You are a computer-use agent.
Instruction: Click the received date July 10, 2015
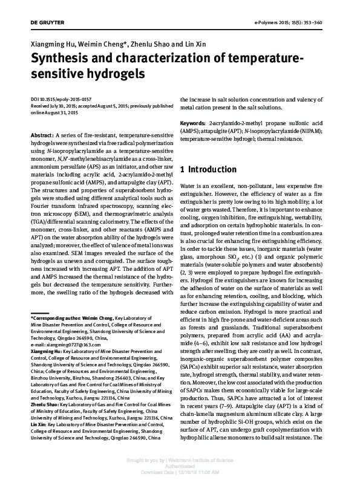tap(65, 105)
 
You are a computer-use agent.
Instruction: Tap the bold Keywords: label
tap(194, 123)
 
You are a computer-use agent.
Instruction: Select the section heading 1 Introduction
tap(208, 169)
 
